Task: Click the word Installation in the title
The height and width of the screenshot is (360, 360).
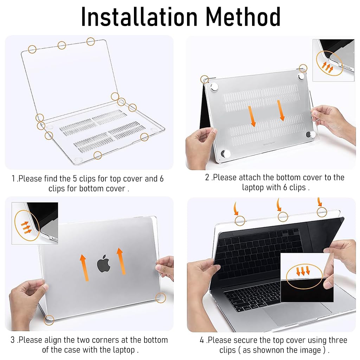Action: click(139, 17)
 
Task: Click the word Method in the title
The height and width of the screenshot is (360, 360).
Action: click(243, 17)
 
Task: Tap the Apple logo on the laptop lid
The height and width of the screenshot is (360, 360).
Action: click(104, 263)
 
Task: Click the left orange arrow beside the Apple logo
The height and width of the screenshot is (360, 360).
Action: click(84, 267)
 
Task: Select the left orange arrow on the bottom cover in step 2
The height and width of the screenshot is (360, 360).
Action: click(252, 116)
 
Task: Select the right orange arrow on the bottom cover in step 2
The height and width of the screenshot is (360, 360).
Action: click(281, 110)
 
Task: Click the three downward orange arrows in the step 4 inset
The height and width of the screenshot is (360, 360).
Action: click(303, 270)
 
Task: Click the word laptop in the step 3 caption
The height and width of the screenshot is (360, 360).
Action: click(124, 350)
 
